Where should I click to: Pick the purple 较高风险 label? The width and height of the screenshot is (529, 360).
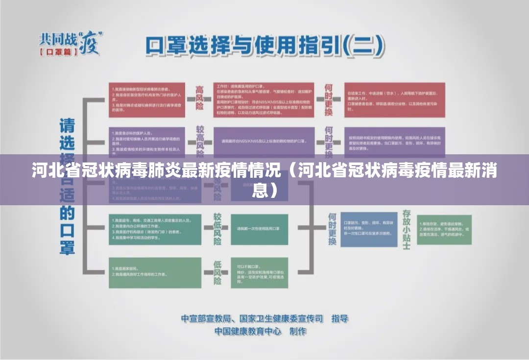tap(199, 140)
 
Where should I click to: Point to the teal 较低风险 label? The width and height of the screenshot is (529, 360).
tap(216, 229)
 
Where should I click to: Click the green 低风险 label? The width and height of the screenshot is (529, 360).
tap(217, 272)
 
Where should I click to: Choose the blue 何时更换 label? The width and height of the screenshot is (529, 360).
tap(332, 229)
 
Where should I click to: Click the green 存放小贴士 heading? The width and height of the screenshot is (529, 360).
tap(406, 229)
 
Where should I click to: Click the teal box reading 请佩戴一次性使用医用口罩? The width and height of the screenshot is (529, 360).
tap(260, 229)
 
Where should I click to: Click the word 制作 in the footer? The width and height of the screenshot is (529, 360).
tap(298, 331)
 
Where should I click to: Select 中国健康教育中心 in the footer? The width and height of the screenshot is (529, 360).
tap(248, 331)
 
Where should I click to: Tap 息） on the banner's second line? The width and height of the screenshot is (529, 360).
tap(264, 191)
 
